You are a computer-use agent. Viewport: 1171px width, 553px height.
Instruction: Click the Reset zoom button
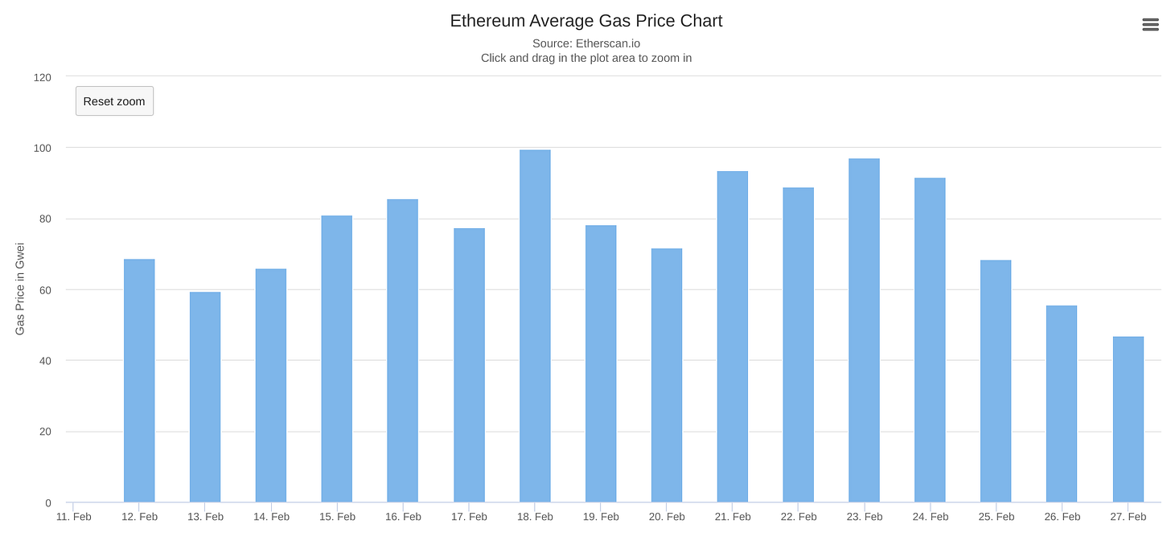114,101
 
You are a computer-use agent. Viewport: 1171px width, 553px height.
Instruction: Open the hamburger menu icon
1150,25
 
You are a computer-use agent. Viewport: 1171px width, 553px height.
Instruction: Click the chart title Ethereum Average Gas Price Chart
585,21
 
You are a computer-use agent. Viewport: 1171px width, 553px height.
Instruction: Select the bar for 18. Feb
535,326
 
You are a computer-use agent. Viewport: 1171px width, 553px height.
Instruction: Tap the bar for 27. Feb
1128,420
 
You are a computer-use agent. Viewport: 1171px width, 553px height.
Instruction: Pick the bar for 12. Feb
139,380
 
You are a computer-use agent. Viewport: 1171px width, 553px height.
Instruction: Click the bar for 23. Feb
864,330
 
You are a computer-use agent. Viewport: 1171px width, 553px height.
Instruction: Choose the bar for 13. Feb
205,397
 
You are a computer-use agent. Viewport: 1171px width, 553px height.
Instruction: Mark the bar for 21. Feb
732,337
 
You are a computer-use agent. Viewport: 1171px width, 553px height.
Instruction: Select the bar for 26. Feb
1061,403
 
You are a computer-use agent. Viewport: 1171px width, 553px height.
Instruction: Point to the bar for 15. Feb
336,358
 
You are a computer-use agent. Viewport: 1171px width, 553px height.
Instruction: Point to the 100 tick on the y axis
42,148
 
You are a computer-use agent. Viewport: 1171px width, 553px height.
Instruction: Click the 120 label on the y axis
42,77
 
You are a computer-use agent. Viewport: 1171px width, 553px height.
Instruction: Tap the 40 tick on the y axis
44,361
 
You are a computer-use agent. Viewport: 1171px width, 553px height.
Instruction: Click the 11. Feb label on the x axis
73,517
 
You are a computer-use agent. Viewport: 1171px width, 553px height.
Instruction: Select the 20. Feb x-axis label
667,517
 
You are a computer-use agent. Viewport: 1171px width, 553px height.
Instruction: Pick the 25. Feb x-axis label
996,517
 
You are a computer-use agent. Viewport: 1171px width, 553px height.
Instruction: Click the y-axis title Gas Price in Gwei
20,289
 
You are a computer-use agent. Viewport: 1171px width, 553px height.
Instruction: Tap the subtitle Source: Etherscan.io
585,43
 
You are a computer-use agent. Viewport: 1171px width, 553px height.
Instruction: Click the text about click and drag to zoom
585,58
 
